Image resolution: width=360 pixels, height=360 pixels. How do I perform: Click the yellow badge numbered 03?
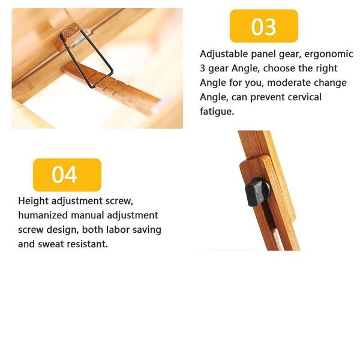(264, 26)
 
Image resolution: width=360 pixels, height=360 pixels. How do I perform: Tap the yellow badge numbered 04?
(67, 175)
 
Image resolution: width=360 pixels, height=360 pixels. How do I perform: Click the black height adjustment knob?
(257, 192)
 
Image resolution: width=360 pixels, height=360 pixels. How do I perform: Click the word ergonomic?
(329, 54)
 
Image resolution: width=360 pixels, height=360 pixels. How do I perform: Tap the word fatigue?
(217, 112)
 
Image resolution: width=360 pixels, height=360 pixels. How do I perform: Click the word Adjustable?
(224, 54)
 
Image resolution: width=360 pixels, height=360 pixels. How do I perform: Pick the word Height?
(33, 201)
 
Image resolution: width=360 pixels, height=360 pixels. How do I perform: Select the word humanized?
(43, 215)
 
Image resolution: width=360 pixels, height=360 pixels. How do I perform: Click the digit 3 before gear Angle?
(202, 68)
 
